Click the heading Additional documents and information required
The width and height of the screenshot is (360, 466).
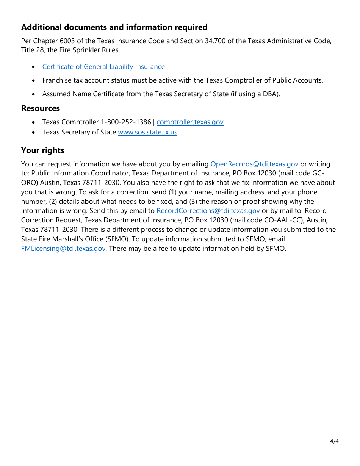114,27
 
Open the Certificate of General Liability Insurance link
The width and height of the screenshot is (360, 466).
103,67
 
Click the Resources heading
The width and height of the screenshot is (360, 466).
41,108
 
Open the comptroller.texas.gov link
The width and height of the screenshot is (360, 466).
190,122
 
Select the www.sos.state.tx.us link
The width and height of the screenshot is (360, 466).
147,132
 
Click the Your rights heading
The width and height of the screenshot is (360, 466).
43,150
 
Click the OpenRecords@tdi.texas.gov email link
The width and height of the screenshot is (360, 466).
254,164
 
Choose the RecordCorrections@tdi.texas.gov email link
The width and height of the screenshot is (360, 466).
208,211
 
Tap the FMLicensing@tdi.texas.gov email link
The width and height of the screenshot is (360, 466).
63,249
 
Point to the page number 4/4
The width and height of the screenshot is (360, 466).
334,441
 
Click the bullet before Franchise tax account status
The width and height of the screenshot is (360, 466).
34,80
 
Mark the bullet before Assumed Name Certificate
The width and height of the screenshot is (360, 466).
34,94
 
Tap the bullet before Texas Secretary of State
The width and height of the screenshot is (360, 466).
34,132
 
